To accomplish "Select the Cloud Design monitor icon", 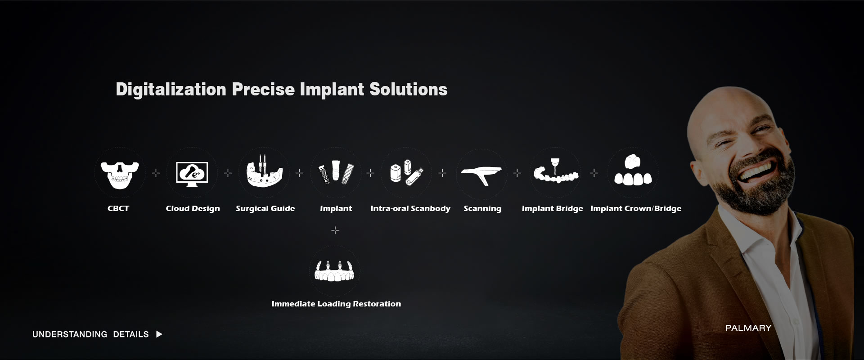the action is (x=192, y=174).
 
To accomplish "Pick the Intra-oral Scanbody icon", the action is (x=407, y=172).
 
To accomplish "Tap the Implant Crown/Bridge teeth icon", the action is (x=633, y=171).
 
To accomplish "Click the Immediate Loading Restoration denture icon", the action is (x=335, y=271).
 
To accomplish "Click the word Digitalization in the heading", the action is (x=171, y=89).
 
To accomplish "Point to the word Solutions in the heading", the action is (x=408, y=89).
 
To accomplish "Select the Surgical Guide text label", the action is (x=265, y=208).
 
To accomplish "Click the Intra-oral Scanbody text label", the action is (x=410, y=208).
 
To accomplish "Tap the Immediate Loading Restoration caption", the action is (x=336, y=304).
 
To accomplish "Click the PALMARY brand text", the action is (x=748, y=328).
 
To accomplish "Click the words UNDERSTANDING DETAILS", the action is (x=90, y=334).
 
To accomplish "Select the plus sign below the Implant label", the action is (x=335, y=230).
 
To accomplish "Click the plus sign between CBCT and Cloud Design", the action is (x=156, y=173).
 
